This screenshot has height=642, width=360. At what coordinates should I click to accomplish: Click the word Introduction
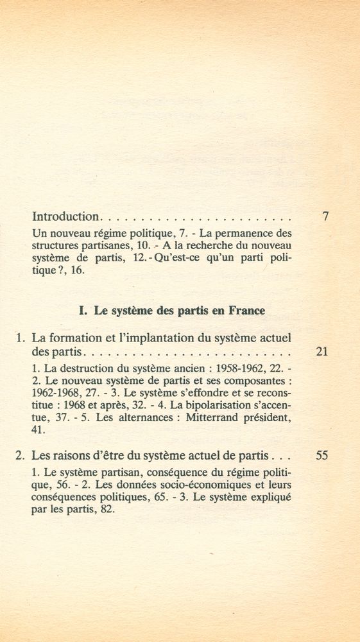pos(65,217)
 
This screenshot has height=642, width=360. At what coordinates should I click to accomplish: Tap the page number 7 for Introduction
pos(325,217)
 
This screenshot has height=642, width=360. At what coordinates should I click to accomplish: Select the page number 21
pos(322,352)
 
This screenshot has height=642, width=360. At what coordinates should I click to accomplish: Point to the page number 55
pos(322,456)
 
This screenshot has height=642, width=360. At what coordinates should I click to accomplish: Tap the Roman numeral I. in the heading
pos(83,310)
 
